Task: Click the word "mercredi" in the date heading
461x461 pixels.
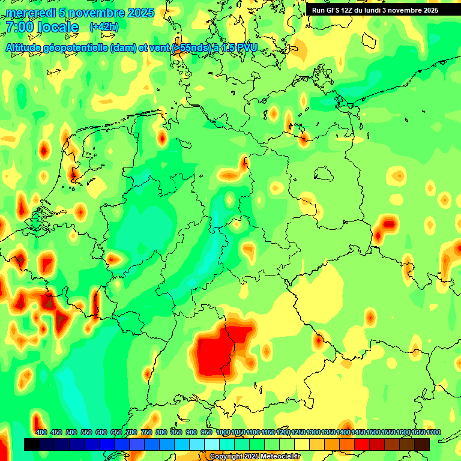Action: [x=29, y=13]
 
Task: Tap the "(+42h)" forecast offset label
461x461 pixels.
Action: [x=104, y=27]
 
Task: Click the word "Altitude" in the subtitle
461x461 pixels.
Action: [x=27, y=48]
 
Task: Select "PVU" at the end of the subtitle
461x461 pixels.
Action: [x=246, y=48]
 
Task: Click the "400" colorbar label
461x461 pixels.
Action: [x=41, y=432]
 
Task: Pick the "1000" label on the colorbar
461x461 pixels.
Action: [x=223, y=432]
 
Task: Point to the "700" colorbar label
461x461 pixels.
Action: [x=131, y=432]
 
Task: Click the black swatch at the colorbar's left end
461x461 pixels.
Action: [x=32, y=444]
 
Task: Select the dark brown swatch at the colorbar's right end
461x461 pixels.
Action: [x=422, y=444]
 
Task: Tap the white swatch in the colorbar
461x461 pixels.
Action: [x=212, y=444]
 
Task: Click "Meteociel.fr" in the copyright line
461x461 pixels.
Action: [x=279, y=457]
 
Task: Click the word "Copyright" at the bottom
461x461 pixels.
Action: [x=226, y=457]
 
